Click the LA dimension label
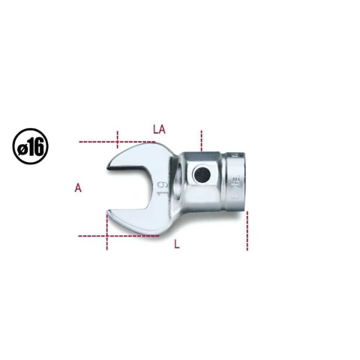click(x=159, y=130)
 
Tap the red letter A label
click(x=78, y=187)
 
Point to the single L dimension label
click(x=177, y=244)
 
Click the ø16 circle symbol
click(x=31, y=146)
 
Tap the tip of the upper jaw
click(x=108, y=167)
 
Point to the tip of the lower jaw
click(x=108, y=212)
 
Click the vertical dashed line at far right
click(x=247, y=230)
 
